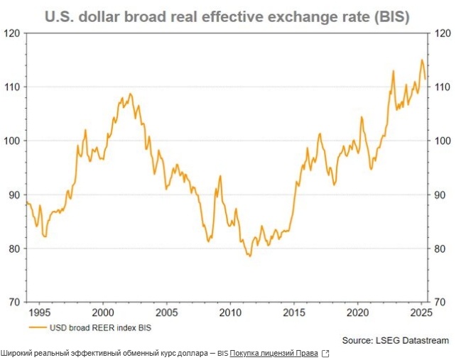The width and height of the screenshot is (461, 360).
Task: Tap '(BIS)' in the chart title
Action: [x=389, y=16]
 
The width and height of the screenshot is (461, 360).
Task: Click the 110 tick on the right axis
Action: [x=443, y=87]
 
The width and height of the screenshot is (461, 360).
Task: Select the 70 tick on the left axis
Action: [x=13, y=302]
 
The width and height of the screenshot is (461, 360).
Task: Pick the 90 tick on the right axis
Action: [x=440, y=195]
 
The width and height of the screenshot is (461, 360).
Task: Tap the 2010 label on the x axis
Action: [x=230, y=312]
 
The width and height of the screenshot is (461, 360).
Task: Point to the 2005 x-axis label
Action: [x=166, y=312]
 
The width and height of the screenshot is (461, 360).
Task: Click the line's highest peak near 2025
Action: [x=422, y=60]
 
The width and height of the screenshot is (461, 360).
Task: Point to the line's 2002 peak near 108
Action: [x=130, y=94]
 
